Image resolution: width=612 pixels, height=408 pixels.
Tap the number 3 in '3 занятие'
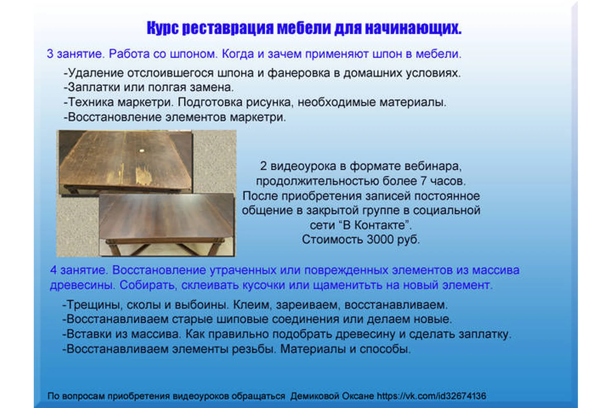[x=50, y=54]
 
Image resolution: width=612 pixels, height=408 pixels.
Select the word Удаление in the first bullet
[x=96, y=73]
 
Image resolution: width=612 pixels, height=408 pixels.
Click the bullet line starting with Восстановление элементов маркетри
[x=175, y=117]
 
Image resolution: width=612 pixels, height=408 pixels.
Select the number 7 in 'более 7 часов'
[x=423, y=181]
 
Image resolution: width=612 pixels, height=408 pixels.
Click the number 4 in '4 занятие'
[x=53, y=270]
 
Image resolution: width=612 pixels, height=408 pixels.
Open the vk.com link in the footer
[x=432, y=396]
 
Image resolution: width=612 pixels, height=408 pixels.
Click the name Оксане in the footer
[x=358, y=396]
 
